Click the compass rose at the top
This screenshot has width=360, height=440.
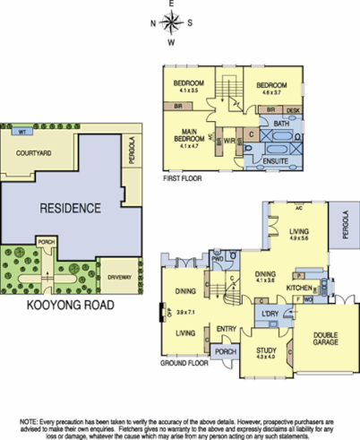tap(171, 23)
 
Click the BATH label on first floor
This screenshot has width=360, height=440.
tap(280, 123)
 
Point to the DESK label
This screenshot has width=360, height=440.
tap(295, 109)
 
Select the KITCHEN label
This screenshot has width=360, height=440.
tap(298, 288)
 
